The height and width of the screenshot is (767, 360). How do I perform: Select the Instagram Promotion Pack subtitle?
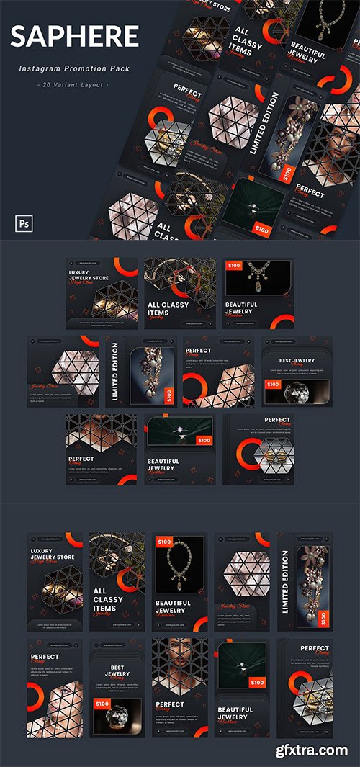pyautogui.click(x=73, y=68)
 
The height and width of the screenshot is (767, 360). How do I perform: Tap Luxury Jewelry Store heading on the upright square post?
pyautogui.click(x=88, y=274)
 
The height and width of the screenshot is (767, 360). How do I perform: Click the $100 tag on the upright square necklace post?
pyautogui.click(x=235, y=266)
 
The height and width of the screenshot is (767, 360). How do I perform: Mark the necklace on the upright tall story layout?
pyautogui.click(x=179, y=565)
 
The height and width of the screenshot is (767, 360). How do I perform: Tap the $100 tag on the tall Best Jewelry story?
pyautogui.click(x=102, y=703)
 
